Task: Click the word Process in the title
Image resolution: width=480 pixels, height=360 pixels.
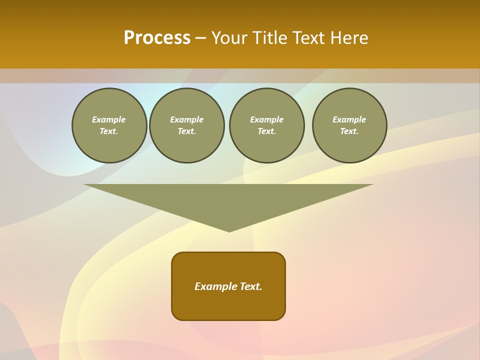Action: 157,38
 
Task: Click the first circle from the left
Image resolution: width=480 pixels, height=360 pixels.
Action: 109,125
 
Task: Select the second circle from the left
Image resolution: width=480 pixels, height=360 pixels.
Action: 186,125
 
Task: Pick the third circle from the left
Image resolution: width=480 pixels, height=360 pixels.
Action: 266,125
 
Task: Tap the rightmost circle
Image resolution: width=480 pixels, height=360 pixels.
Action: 349,125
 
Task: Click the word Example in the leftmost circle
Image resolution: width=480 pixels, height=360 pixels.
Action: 109,119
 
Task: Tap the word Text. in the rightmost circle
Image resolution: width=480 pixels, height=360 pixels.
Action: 349,131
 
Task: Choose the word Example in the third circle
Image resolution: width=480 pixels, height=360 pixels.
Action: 266,119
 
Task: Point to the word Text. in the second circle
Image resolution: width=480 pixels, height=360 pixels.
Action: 186,131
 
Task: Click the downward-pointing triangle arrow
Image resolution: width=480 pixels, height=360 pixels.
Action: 228,200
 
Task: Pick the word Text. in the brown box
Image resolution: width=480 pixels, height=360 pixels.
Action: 251,286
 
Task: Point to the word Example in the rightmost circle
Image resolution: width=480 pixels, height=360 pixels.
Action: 349,119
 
